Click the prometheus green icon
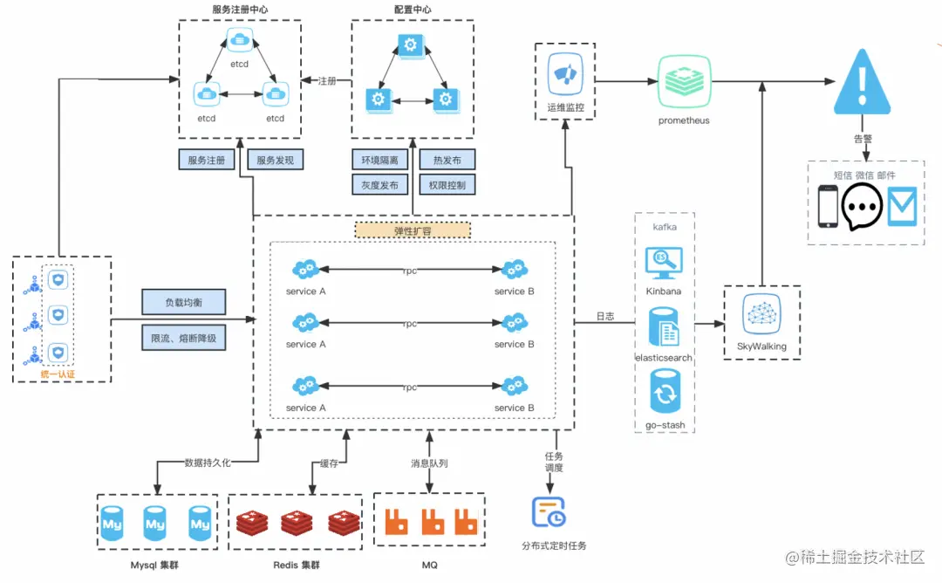(684, 81)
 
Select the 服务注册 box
(207, 161)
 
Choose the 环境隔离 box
(379, 161)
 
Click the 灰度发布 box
(379, 185)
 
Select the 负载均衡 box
(183, 303)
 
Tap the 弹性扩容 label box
(413, 230)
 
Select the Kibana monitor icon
(663, 263)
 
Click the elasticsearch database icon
(664, 328)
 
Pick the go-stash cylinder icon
(664, 393)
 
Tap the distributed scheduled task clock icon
(549, 513)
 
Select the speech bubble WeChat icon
(862, 207)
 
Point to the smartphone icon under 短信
(827, 207)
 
